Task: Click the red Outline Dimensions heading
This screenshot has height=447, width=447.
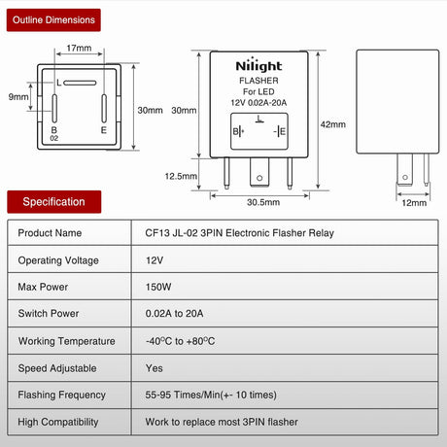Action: [53, 20]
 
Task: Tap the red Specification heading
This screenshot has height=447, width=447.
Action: [54, 202]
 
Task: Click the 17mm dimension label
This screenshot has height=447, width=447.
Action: [79, 48]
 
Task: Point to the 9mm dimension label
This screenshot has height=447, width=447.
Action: [18, 96]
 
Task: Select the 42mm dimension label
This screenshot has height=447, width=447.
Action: [333, 124]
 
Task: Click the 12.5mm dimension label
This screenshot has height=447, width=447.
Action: [181, 176]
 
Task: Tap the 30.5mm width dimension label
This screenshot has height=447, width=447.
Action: [263, 202]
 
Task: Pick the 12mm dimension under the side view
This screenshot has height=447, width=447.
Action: [414, 203]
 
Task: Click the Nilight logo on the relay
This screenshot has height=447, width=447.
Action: [258, 66]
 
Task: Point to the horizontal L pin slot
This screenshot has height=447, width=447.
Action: [80, 83]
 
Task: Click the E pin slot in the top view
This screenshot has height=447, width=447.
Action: [104, 109]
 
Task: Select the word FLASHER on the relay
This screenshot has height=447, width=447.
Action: [258, 81]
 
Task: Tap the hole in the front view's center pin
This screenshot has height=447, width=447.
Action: [259, 178]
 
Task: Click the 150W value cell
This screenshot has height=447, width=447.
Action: [158, 287]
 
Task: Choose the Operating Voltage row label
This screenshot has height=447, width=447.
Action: [58, 260]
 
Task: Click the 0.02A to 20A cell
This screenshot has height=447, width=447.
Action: [174, 314]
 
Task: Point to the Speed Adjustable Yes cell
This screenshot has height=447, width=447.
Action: [155, 368]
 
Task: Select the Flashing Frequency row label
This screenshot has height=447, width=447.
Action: [62, 395]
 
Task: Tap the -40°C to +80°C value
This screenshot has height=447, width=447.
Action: [180, 341]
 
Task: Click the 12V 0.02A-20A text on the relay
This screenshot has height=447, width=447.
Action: [258, 103]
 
